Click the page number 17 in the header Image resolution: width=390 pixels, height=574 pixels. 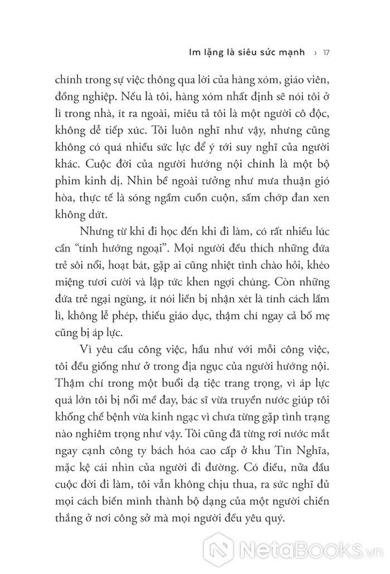point(328,54)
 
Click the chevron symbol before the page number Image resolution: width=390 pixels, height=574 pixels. point(316,54)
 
